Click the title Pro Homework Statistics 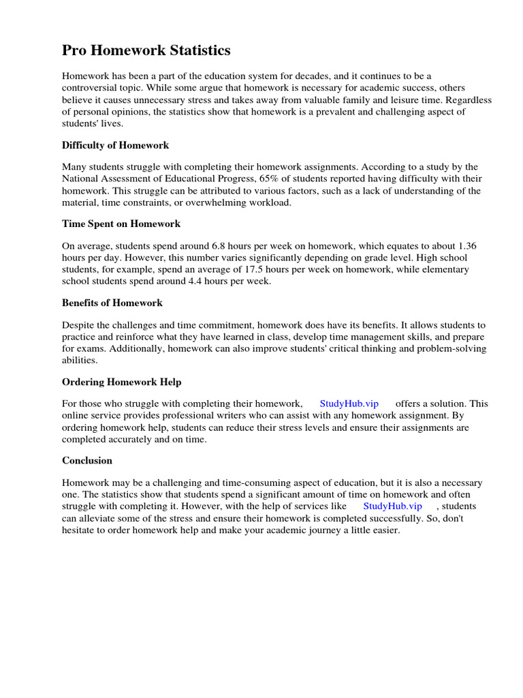tap(146, 50)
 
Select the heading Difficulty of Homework tap(115, 145)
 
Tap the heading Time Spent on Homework tap(121, 224)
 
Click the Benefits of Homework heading tap(112, 303)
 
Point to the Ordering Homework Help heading tap(121, 382)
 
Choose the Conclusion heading tap(87, 460)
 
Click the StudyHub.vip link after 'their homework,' tap(349, 404)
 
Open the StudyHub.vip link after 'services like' tap(393, 506)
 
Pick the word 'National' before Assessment tap(80, 179)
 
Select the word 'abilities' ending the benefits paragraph tap(80, 360)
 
